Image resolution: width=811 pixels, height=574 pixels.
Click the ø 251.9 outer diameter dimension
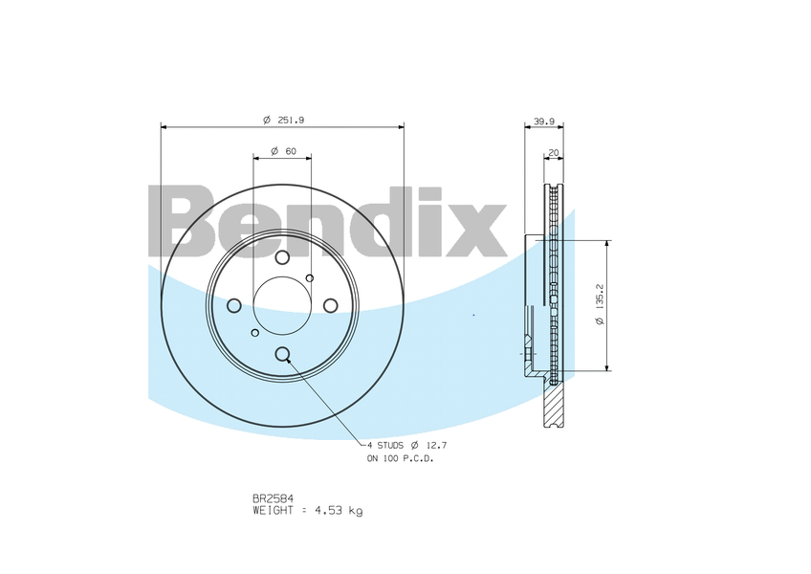tap(283, 120)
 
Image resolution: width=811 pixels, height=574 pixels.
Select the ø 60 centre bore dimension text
tap(283, 151)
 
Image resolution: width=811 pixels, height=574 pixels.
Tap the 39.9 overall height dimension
tap(543, 121)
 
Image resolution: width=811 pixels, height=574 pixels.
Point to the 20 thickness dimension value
tap(553, 152)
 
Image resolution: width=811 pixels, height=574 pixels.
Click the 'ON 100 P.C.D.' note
tap(400, 459)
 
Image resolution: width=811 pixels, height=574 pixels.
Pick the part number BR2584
tap(273, 497)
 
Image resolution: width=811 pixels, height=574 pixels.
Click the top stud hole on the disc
tap(282, 257)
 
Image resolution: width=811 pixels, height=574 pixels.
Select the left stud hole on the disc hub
tap(233, 305)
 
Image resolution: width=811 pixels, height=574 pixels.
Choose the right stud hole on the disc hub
tap(330, 305)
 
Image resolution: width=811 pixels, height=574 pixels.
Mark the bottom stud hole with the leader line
tap(282, 354)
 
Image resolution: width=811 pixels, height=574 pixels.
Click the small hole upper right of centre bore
tap(309, 278)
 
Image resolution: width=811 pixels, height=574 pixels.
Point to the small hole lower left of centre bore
tap(254, 332)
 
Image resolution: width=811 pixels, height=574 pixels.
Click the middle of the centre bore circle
tap(282, 305)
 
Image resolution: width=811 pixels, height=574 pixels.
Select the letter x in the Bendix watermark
tap(475, 230)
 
